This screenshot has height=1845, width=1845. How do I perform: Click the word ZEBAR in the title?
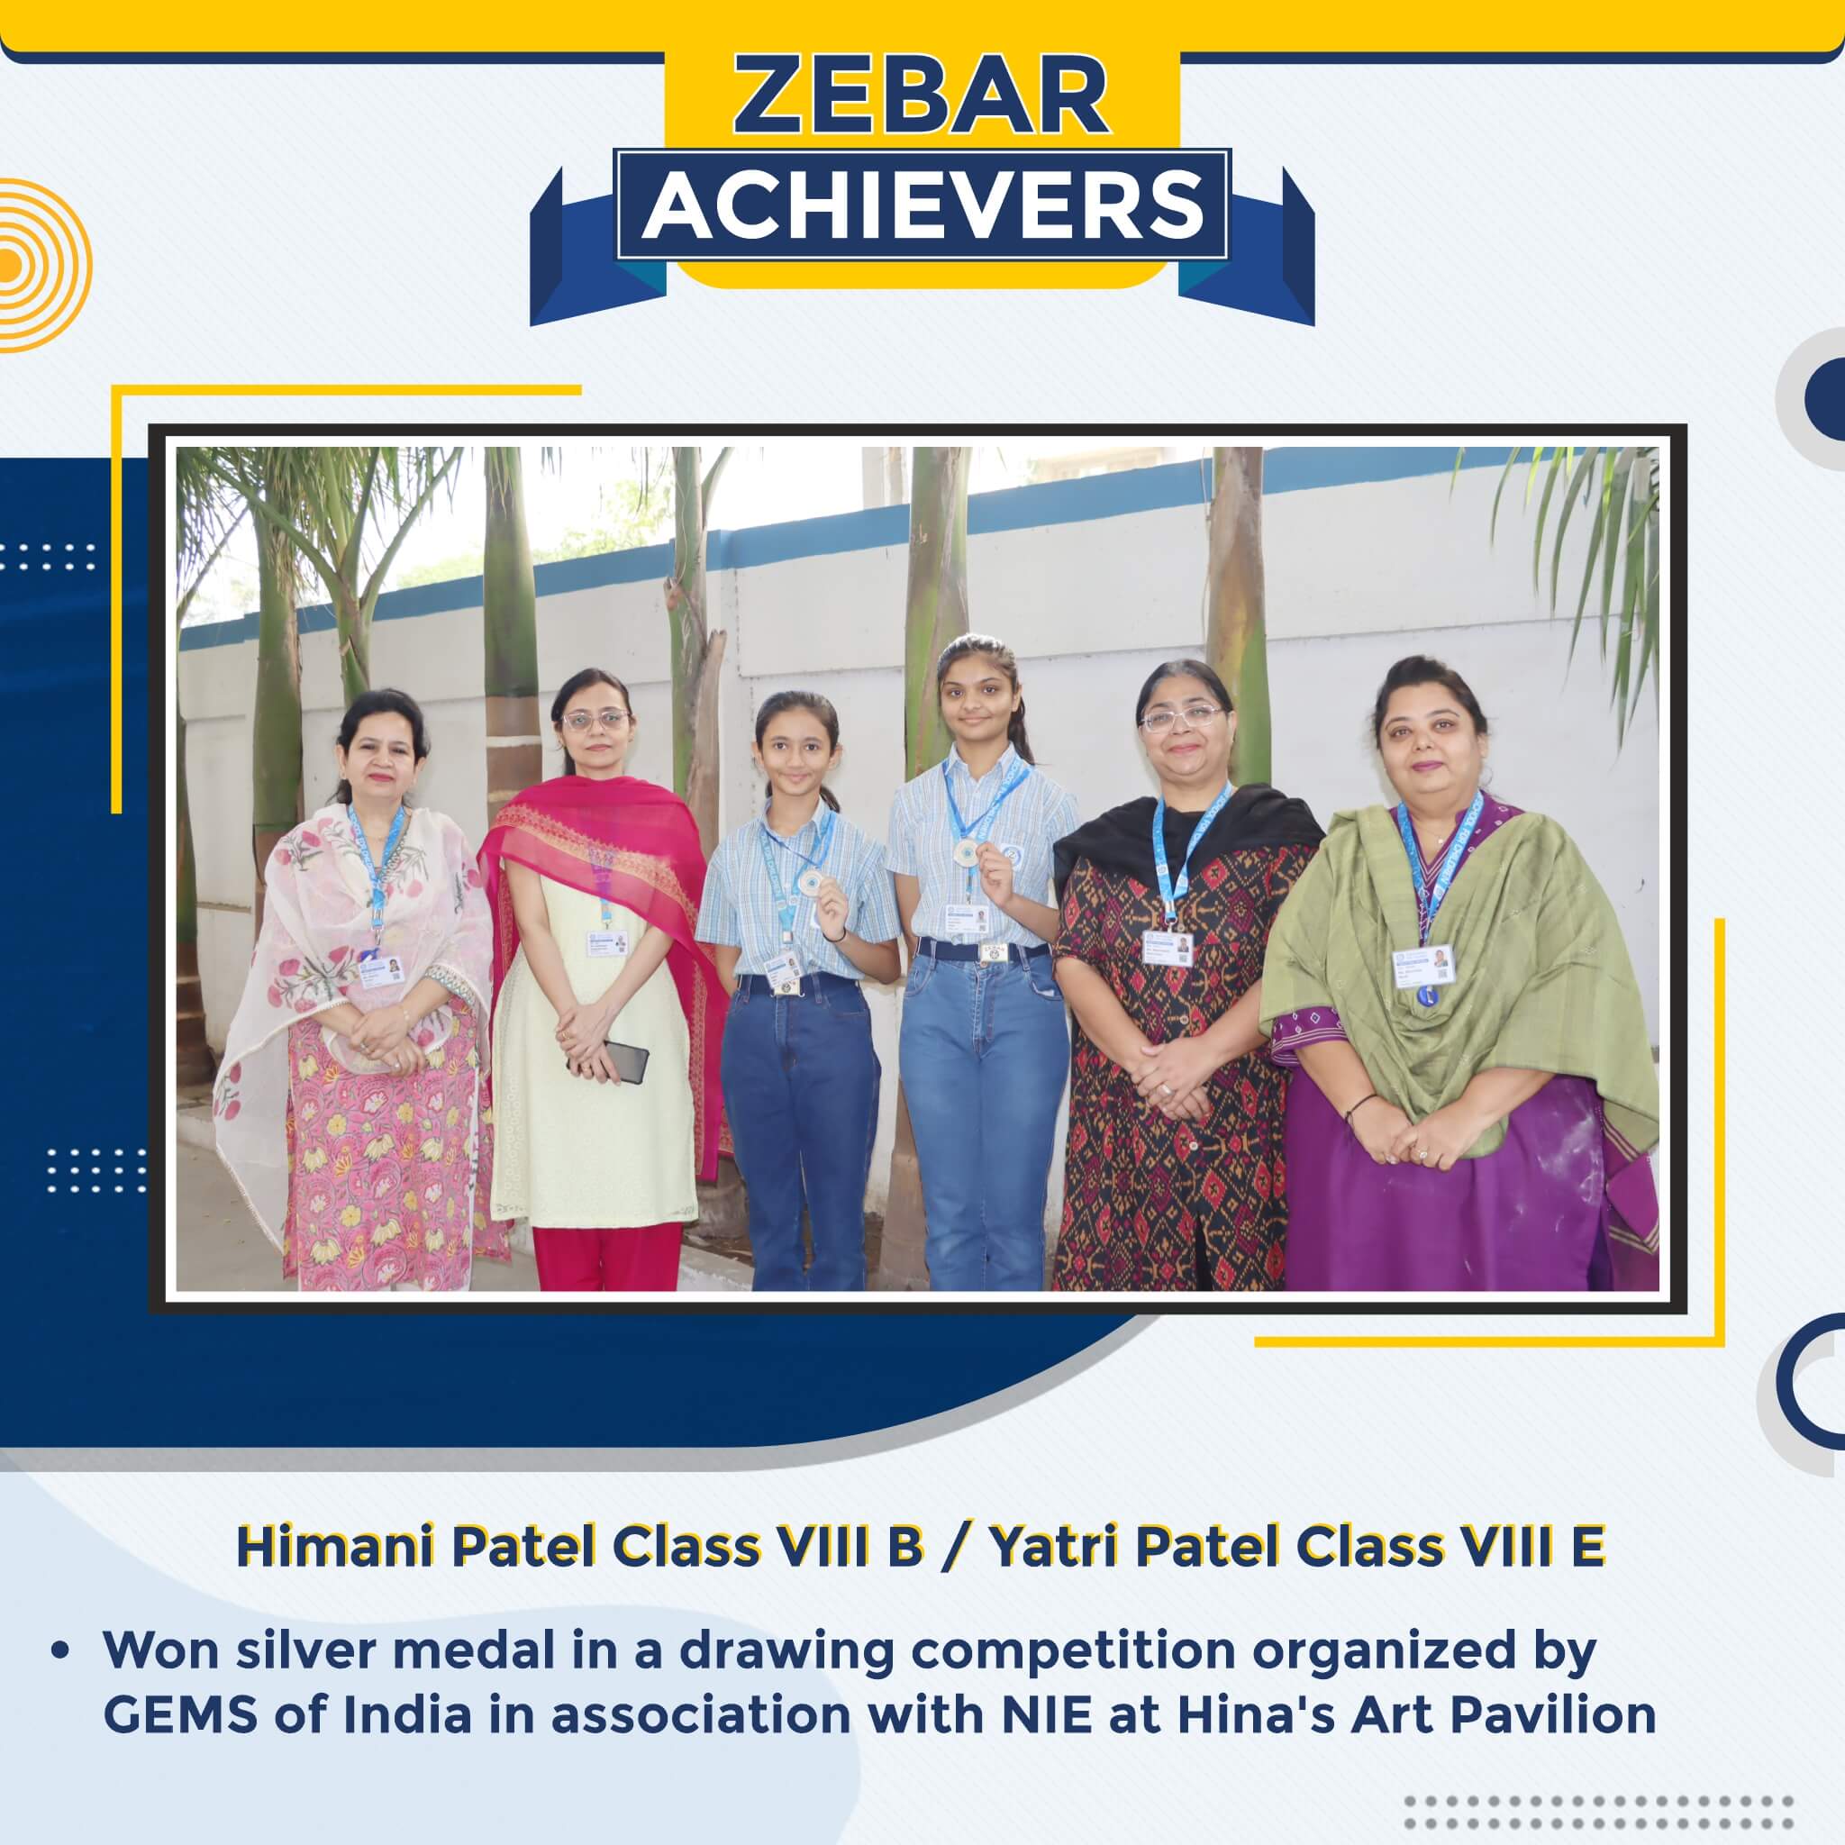tap(922, 98)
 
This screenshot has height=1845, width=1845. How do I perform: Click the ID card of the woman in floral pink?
tap(380, 972)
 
